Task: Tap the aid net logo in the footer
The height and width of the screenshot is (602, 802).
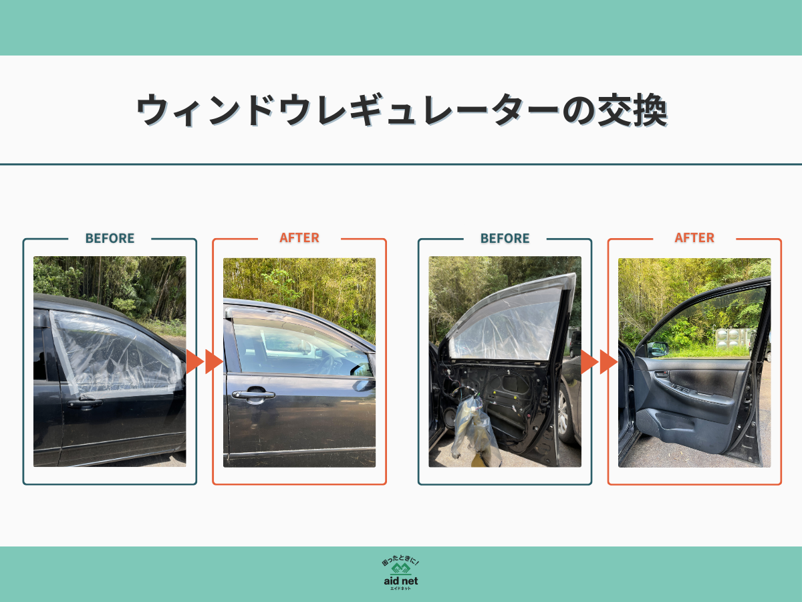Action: (x=401, y=574)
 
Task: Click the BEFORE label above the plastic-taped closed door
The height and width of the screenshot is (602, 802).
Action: (x=110, y=238)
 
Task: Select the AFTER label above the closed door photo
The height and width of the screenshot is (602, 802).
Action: (x=299, y=237)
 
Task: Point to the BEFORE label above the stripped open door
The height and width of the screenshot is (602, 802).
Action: (x=505, y=238)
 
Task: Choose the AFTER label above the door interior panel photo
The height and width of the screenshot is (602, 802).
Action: (x=694, y=237)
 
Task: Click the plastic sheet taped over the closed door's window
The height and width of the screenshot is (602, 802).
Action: (x=114, y=355)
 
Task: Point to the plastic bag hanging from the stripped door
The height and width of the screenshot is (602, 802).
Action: (x=476, y=428)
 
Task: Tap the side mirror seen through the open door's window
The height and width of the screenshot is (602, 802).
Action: (x=657, y=348)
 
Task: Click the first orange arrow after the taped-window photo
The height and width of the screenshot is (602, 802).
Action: (x=194, y=361)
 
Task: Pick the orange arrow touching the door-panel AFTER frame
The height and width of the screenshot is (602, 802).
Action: (x=608, y=362)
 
